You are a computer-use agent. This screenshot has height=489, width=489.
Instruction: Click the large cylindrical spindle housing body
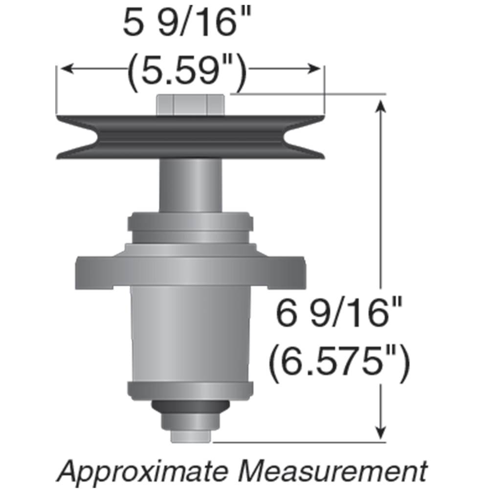191,333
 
